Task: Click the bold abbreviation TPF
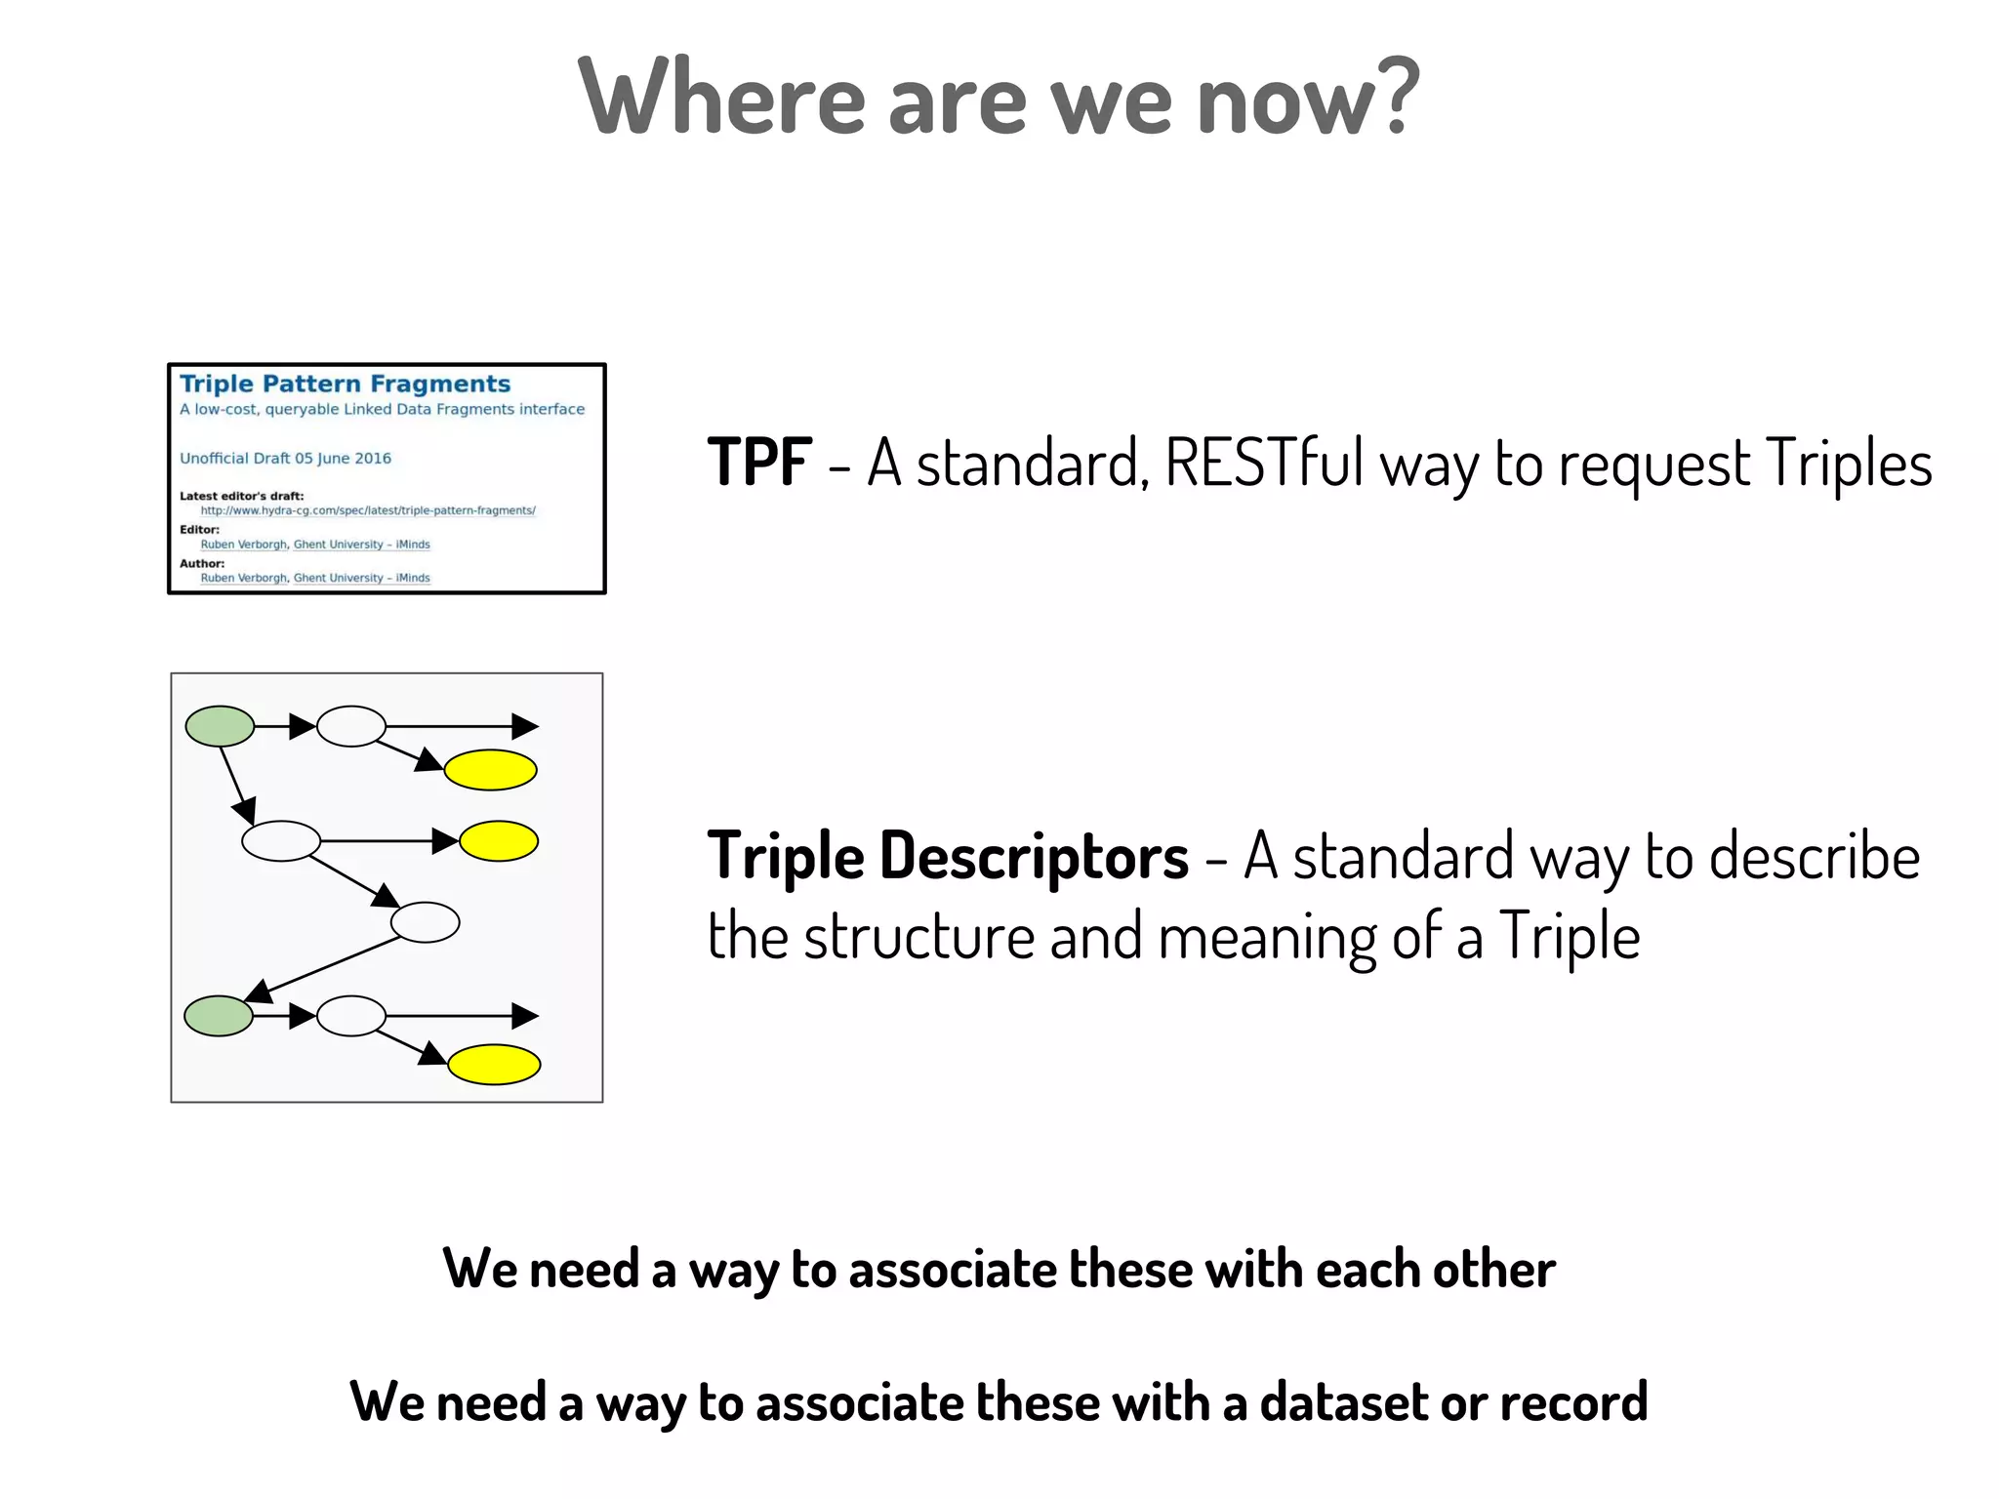[759, 462]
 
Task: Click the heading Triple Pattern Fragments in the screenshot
[345, 384]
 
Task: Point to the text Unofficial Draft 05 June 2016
[285, 458]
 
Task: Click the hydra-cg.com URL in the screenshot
[368, 510]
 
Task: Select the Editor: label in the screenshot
[199, 529]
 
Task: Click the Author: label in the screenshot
[202, 563]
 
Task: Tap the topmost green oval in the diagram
[220, 726]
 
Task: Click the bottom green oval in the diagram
[219, 1016]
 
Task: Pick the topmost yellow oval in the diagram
[490, 770]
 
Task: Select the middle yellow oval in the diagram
[499, 841]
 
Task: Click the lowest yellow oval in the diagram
[494, 1065]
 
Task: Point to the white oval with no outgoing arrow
[425, 922]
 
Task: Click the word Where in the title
[721, 98]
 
